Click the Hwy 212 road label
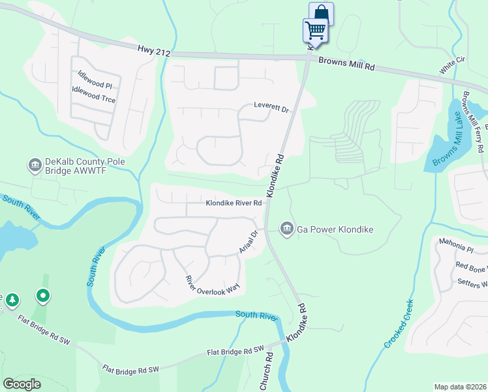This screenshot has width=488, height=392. point(153,50)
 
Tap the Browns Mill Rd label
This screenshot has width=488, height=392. point(347,63)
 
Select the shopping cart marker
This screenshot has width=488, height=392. point(315,30)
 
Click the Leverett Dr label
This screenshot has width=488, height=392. point(271,108)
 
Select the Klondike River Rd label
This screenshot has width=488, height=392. point(234,203)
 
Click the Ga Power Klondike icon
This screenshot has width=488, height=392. point(286,228)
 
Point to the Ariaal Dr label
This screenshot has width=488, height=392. point(249,242)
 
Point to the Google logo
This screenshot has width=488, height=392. point(22,384)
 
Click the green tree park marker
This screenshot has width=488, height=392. point(12,300)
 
